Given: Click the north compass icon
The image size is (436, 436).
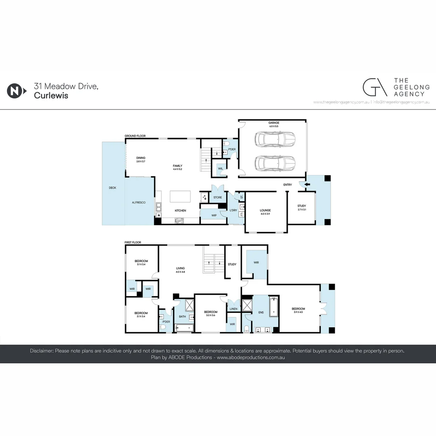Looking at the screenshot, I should (15, 91).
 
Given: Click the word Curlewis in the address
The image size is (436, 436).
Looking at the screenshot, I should (51, 96).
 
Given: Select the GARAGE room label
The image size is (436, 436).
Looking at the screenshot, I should (274, 123).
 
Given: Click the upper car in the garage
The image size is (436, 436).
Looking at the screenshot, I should (275, 139).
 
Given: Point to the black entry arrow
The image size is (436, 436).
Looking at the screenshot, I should (308, 184).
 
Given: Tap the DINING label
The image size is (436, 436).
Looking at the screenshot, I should (140, 158).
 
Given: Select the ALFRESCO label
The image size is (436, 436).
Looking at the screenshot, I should (139, 202).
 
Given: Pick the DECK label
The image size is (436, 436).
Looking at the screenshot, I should (113, 188).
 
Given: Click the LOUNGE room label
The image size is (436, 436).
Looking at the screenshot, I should (265, 210).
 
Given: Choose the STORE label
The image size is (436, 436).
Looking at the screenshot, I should (218, 197).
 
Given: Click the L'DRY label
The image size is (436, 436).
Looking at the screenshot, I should (233, 211).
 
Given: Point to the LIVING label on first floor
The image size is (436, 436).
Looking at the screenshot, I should (180, 268).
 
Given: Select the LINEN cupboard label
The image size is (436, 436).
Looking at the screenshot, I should (233, 309).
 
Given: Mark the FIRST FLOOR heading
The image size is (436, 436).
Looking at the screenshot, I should (133, 242).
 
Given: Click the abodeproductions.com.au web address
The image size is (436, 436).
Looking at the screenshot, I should (251, 357).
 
